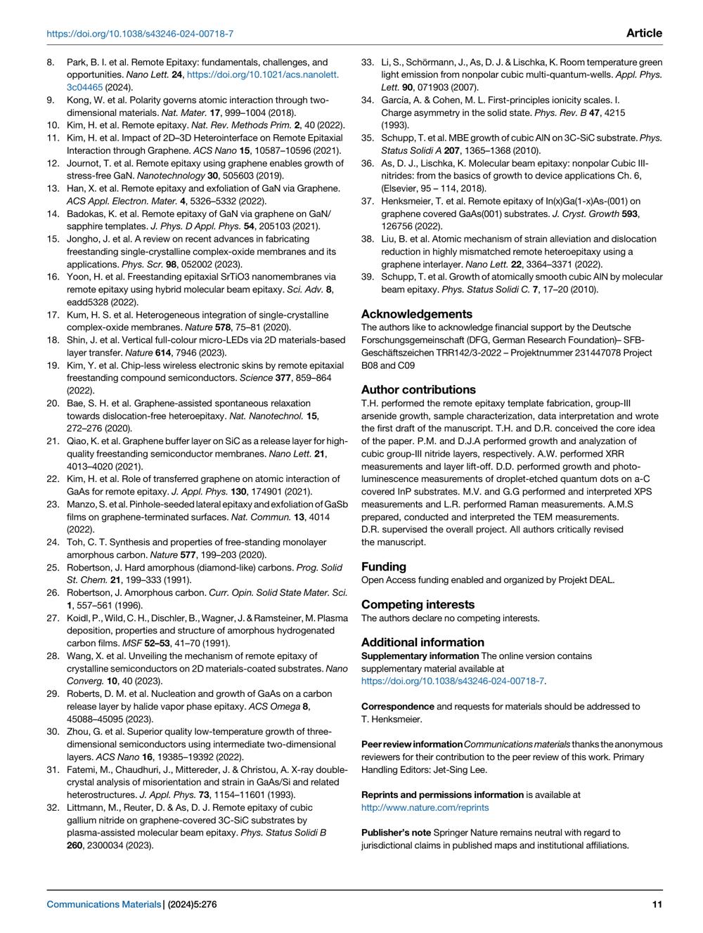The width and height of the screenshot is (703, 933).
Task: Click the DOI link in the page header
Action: click(140, 34)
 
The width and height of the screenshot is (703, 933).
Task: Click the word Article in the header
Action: click(643, 33)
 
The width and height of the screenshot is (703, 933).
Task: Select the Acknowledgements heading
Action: click(417, 314)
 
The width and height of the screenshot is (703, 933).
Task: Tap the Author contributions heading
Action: click(418, 389)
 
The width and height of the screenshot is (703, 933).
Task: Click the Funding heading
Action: click(384, 566)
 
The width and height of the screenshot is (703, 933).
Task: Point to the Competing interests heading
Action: click(418, 604)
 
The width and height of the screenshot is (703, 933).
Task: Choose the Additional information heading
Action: click(423, 642)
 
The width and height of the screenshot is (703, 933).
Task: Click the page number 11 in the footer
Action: click(657, 905)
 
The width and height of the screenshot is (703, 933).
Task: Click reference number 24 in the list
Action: click(53, 542)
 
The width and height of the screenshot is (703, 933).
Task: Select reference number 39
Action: click(367, 277)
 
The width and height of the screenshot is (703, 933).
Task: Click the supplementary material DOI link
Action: click(453, 681)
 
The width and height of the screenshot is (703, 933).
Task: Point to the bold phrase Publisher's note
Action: click(396, 833)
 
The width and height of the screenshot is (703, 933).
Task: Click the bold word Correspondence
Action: click(398, 706)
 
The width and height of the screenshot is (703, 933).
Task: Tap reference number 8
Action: click(51, 62)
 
